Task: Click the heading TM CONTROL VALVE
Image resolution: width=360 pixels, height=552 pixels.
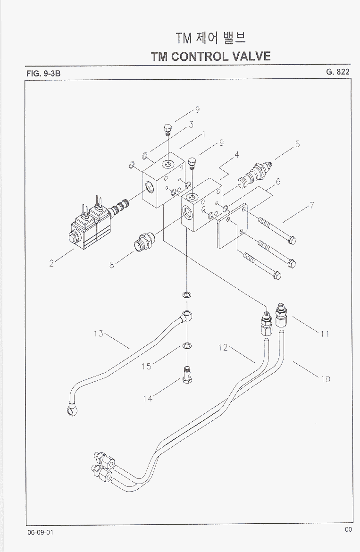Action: [210, 57]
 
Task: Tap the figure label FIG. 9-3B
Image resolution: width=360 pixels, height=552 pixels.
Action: [44, 73]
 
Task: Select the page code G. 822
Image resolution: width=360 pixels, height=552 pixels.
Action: [337, 72]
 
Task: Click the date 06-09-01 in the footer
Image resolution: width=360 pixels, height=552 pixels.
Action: [41, 532]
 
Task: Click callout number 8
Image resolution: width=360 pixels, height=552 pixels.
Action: [111, 265]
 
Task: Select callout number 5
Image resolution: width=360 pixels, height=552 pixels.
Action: [297, 144]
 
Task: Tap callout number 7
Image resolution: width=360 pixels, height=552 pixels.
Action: [312, 206]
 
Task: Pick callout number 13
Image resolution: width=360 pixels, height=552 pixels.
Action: [98, 334]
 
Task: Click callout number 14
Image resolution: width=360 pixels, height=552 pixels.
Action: [148, 399]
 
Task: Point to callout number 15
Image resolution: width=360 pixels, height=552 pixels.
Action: [147, 366]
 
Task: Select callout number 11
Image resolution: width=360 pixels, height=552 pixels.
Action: [324, 334]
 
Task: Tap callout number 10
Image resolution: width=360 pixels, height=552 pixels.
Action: [326, 378]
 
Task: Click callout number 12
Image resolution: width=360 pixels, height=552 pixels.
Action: [223, 348]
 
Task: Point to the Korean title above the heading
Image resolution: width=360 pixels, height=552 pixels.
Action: [210, 37]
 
